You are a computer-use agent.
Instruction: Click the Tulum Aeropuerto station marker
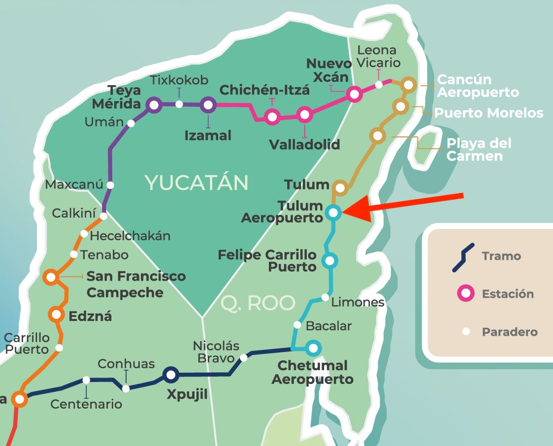tap(333, 213)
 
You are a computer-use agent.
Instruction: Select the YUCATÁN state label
tap(197, 183)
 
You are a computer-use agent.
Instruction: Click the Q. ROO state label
tap(258, 303)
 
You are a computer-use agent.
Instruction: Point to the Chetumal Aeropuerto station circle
tap(313, 348)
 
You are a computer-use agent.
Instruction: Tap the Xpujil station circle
tap(170, 375)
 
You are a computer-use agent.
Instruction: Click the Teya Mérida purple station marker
tap(154, 104)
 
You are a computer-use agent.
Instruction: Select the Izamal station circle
tap(208, 104)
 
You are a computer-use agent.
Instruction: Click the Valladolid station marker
tap(305, 115)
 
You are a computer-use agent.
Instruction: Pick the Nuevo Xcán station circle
tap(354, 94)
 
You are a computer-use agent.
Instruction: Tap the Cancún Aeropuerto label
tap(478, 86)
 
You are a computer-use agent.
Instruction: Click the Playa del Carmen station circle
tap(377, 135)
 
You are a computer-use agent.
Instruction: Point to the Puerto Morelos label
tap(488, 113)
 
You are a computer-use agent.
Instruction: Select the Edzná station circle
tap(57, 314)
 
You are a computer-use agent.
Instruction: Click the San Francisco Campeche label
tap(136, 284)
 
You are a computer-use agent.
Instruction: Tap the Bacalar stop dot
tap(297, 324)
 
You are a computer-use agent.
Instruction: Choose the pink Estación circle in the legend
tap(465, 294)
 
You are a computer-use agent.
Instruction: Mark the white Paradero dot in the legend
tap(466, 332)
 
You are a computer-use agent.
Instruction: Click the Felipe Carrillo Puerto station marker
tap(329, 260)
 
